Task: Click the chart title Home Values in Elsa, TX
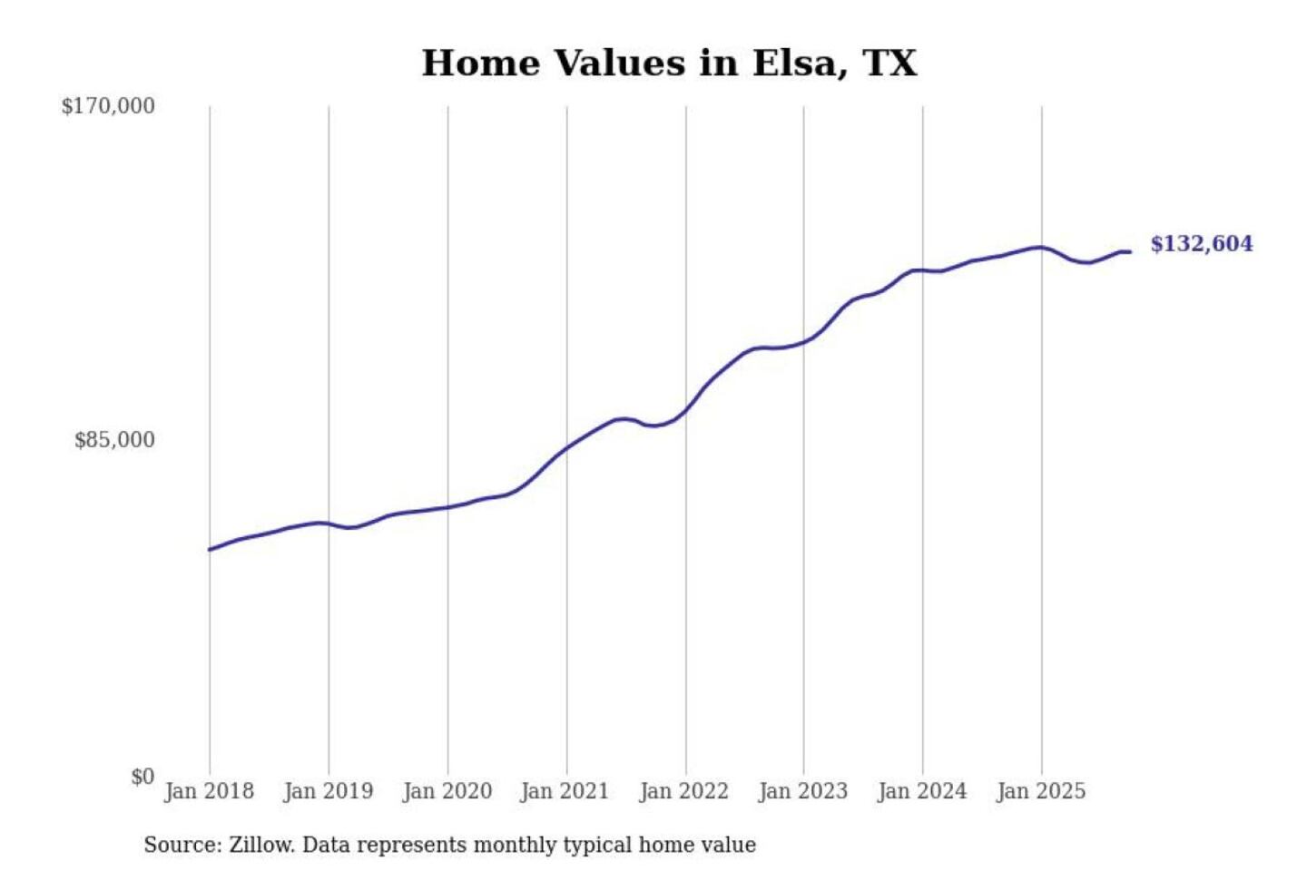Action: [x=669, y=64]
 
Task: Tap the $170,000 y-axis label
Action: [x=108, y=106]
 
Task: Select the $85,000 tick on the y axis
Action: [x=114, y=440]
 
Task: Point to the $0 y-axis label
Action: [x=142, y=777]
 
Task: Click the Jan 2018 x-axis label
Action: [x=209, y=791]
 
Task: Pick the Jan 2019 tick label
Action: [x=328, y=791]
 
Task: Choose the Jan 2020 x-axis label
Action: [x=447, y=791]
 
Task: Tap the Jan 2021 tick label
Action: [x=565, y=791]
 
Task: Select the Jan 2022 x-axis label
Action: [x=683, y=791]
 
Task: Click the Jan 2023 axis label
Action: [x=802, y=791]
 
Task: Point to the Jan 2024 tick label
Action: [x=921, y=791]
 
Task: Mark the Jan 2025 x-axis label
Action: [x=1040, y=791]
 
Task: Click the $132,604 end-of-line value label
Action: [x=1201, y=244]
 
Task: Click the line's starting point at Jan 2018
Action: [x=210, y=549]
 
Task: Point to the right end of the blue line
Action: [x=1129, y=252]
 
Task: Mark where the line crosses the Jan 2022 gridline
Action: [x=686, y=410]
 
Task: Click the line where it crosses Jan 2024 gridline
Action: [x=923, y=270]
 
